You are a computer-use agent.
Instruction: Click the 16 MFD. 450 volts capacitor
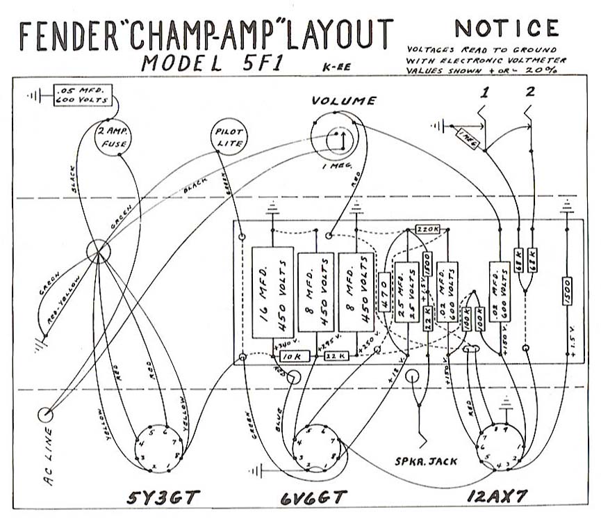click(272, 293)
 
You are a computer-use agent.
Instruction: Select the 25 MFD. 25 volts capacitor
click(404, 292)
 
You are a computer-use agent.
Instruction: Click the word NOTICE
click(506, 29)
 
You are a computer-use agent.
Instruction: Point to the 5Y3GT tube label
click(163, 498)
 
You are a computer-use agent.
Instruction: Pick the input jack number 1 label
click(485, 92)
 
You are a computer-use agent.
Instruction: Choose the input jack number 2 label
click(531, 92)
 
